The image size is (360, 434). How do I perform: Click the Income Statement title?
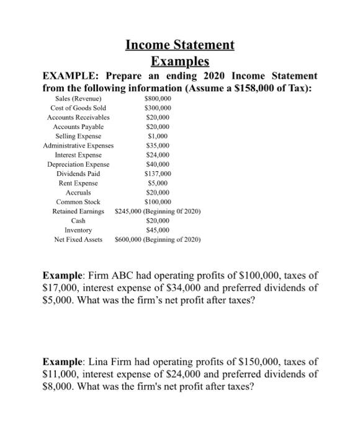tap(180, 45)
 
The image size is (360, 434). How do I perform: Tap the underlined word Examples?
tap(180, 61)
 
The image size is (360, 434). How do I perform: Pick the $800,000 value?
tap(157, 99)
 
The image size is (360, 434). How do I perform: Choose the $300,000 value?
tap(157, 107)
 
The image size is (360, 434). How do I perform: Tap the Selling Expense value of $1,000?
tap(157, 135)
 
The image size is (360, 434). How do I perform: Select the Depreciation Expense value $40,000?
tap(157, 164)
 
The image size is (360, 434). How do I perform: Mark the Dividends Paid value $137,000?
tap(157, 174)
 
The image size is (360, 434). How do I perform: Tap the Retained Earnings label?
tap(78, 211)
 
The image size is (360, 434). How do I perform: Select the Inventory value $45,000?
tap(157, 229)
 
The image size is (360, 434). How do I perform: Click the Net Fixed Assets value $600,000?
tap(128, 239)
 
